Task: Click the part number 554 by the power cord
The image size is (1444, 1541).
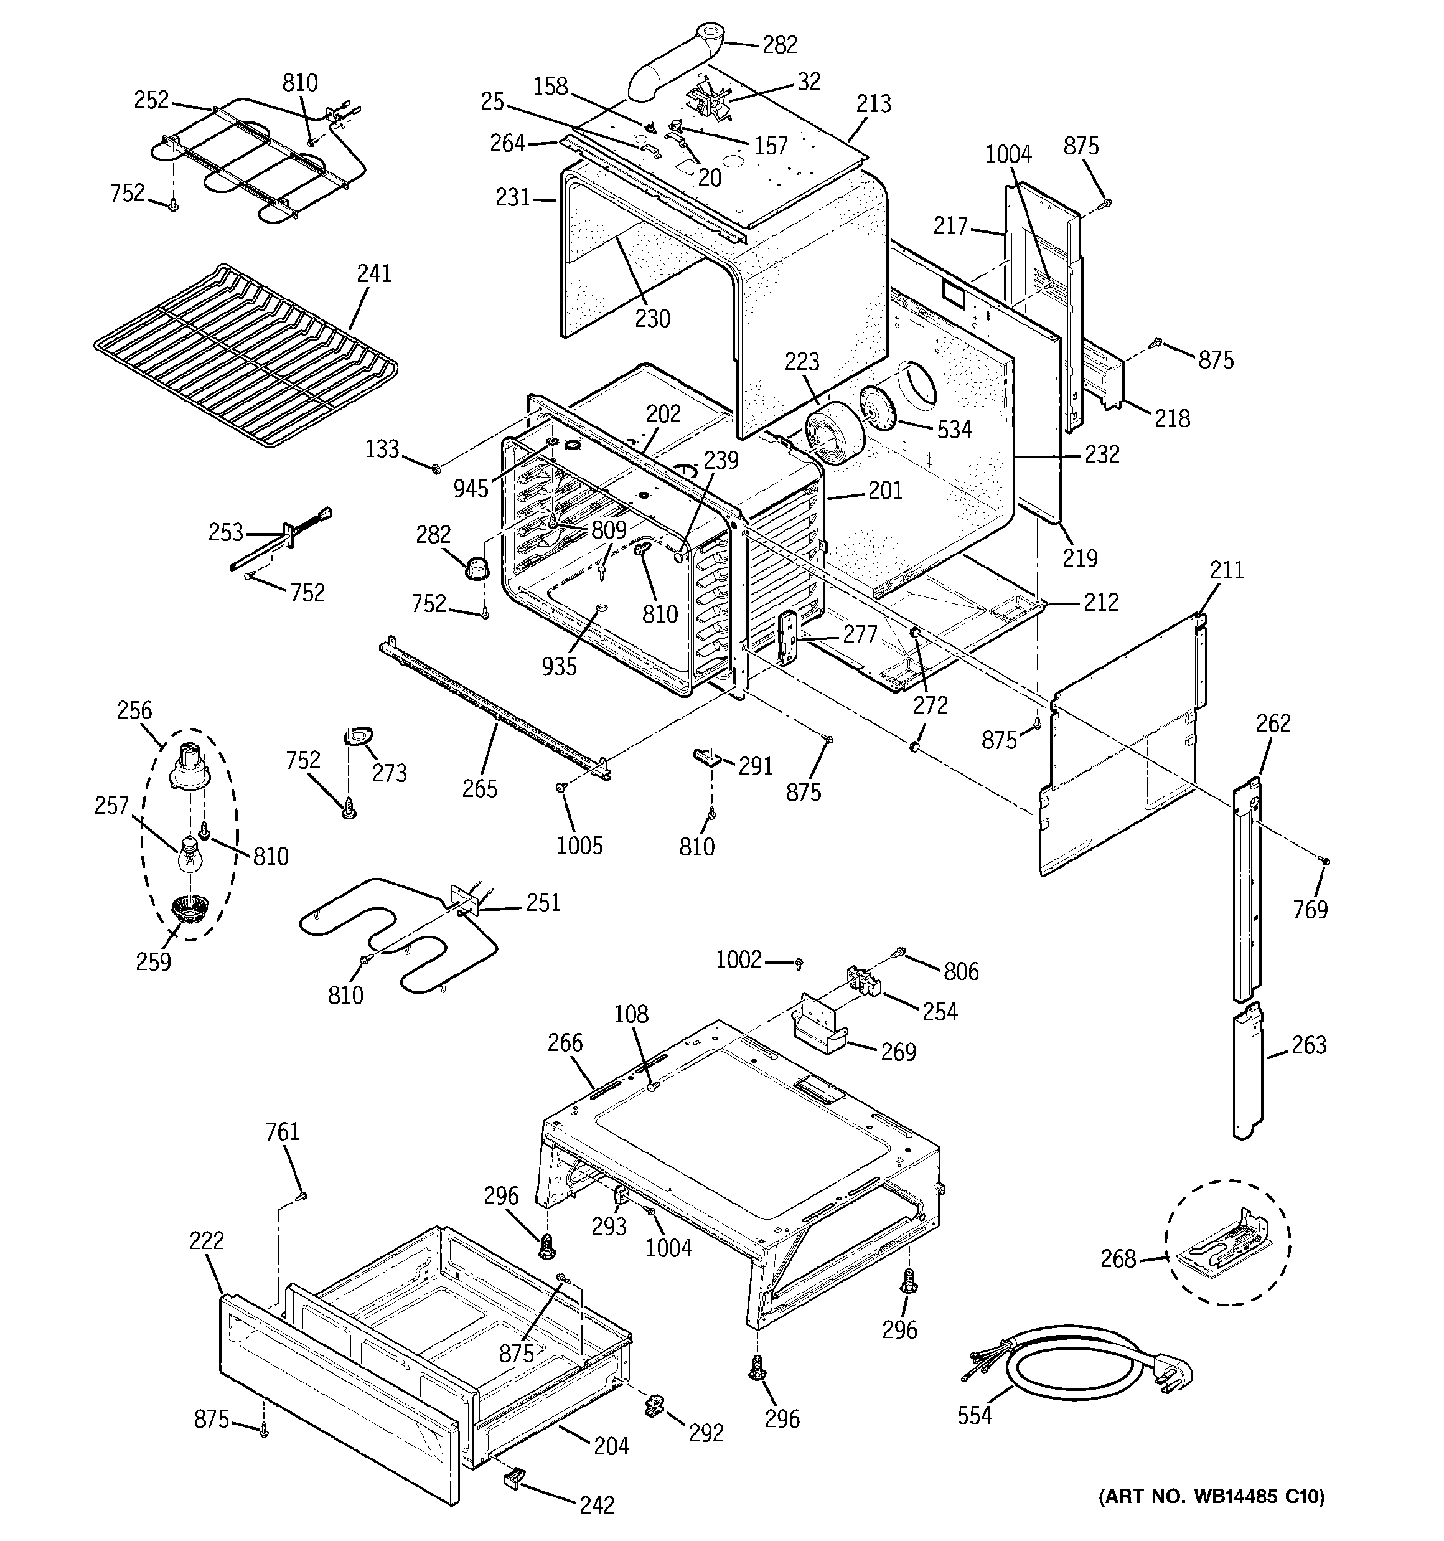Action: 974,1415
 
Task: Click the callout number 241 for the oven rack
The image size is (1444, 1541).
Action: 373,273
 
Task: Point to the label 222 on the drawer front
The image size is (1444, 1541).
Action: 206,1240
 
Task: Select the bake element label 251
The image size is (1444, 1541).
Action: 543,902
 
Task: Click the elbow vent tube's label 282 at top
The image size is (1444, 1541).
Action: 780,45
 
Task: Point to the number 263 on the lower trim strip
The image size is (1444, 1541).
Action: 1309,1045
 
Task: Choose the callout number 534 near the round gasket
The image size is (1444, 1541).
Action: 954,428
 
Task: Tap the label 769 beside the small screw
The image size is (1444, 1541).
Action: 1310,908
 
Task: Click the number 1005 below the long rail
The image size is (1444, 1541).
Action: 579,845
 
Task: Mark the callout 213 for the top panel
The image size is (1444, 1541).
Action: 873,104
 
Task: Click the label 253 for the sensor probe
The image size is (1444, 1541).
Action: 225,532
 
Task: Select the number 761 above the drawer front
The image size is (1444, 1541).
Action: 282,1132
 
